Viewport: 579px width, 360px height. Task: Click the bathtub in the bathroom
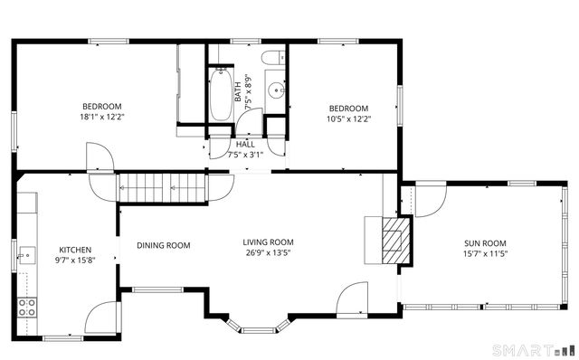(x=221, y=95)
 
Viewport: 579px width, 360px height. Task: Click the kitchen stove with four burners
(x=26, y=306)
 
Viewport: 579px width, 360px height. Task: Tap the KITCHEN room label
(x=75, y=250)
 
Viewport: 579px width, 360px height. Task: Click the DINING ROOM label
(x=164, y=245)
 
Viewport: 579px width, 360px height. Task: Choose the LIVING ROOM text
(x=269, y=242)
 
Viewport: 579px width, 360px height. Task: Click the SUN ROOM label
(x=485, y=243)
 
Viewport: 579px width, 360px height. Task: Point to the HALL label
(x=245, y=144)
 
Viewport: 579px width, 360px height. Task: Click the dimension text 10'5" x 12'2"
(x=348, y=118)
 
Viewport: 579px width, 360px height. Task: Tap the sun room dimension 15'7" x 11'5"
(x=485, y=254)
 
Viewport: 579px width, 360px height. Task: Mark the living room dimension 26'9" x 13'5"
(x=269, y=252)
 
